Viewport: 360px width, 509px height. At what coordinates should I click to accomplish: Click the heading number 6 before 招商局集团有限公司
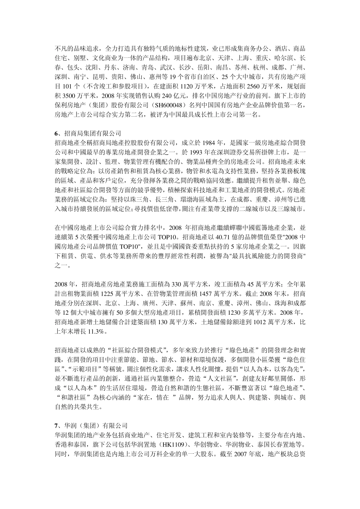(56, 133)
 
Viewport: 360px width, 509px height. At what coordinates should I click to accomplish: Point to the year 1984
(211, 143)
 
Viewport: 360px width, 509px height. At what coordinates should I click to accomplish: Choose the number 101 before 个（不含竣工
(67, 87)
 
